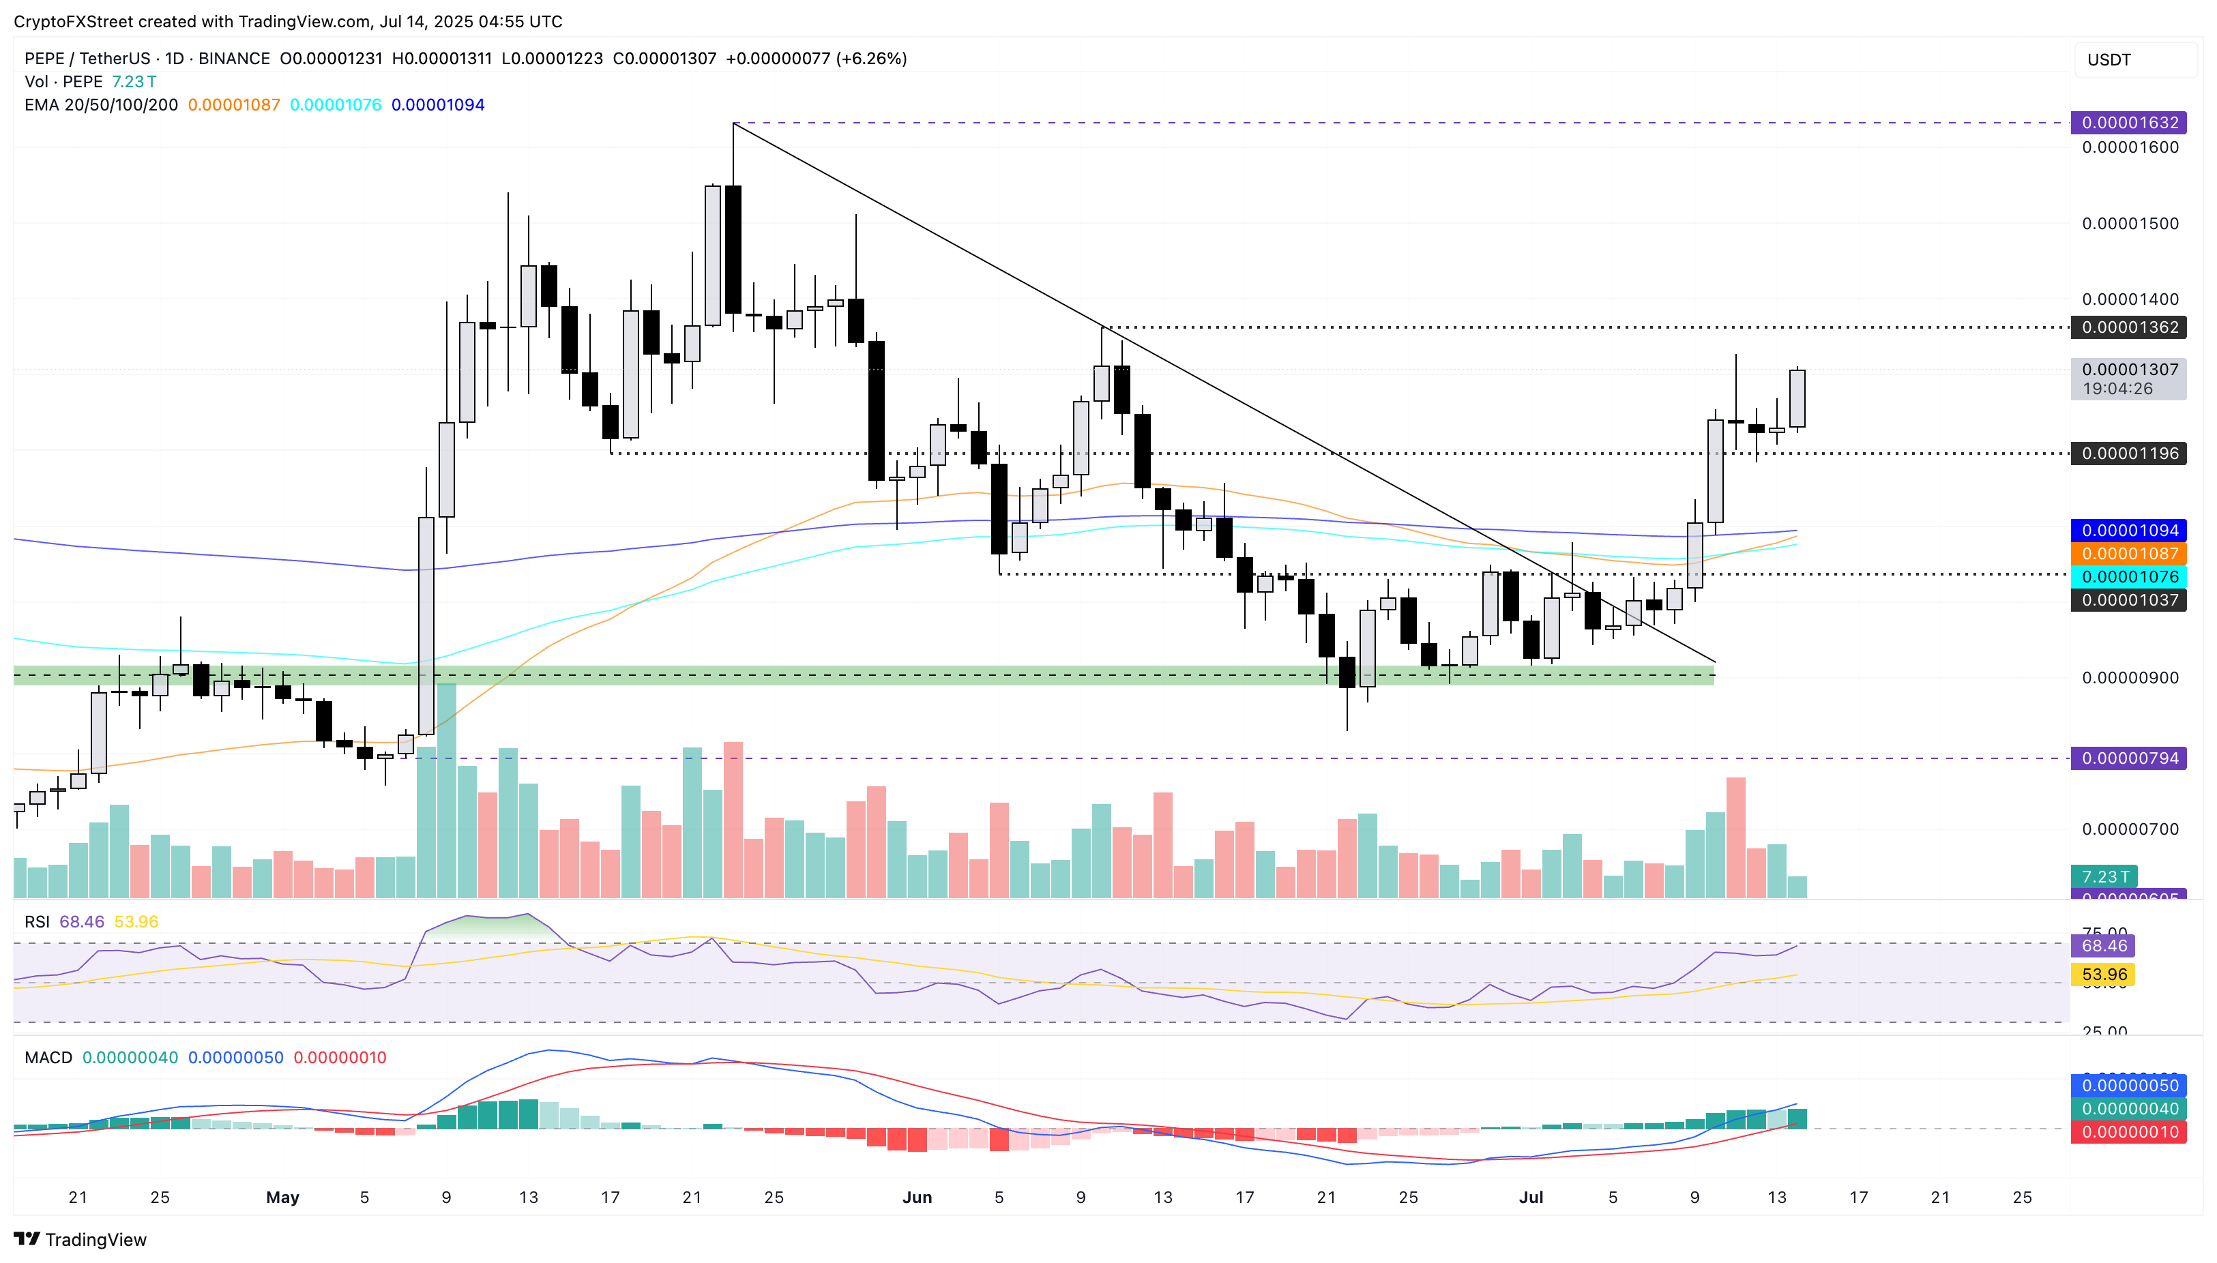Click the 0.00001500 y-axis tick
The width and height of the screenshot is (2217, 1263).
point(2130,223)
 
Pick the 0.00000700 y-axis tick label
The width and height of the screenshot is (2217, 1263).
point(2130,829)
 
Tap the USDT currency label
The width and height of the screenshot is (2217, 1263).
point(2109,60)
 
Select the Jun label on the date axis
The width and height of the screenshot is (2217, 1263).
point(917,1197)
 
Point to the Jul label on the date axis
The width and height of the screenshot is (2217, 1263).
point(1531,1197)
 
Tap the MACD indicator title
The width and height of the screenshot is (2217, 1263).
point(48,1058)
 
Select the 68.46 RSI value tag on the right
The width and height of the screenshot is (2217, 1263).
point(2103,945)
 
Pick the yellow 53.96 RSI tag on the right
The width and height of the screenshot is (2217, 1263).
point(2103,974)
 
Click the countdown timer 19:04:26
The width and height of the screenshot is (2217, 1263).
point(2117,389)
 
